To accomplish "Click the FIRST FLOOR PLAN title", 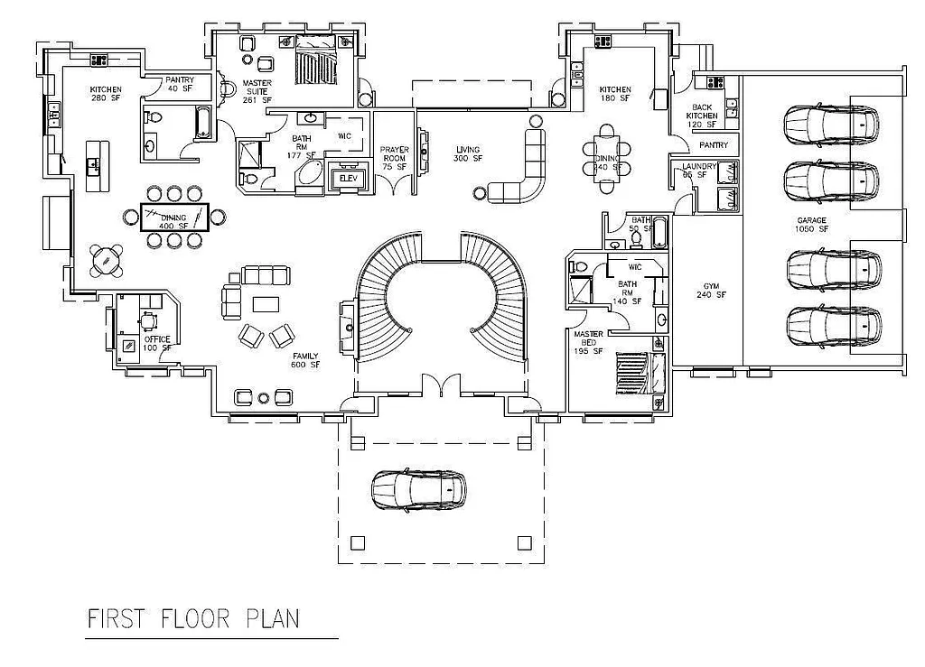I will coord(192,619).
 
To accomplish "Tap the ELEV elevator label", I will coord(348,178).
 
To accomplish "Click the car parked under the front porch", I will coord(418,488).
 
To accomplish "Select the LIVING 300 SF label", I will coord(467,154).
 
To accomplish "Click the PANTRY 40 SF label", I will coord(180,85).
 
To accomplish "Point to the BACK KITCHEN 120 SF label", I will coord(702,116).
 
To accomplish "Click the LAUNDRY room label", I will coord(698,171).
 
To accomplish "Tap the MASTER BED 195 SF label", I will coord(588,344).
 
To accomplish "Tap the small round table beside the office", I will coord(107,261).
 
